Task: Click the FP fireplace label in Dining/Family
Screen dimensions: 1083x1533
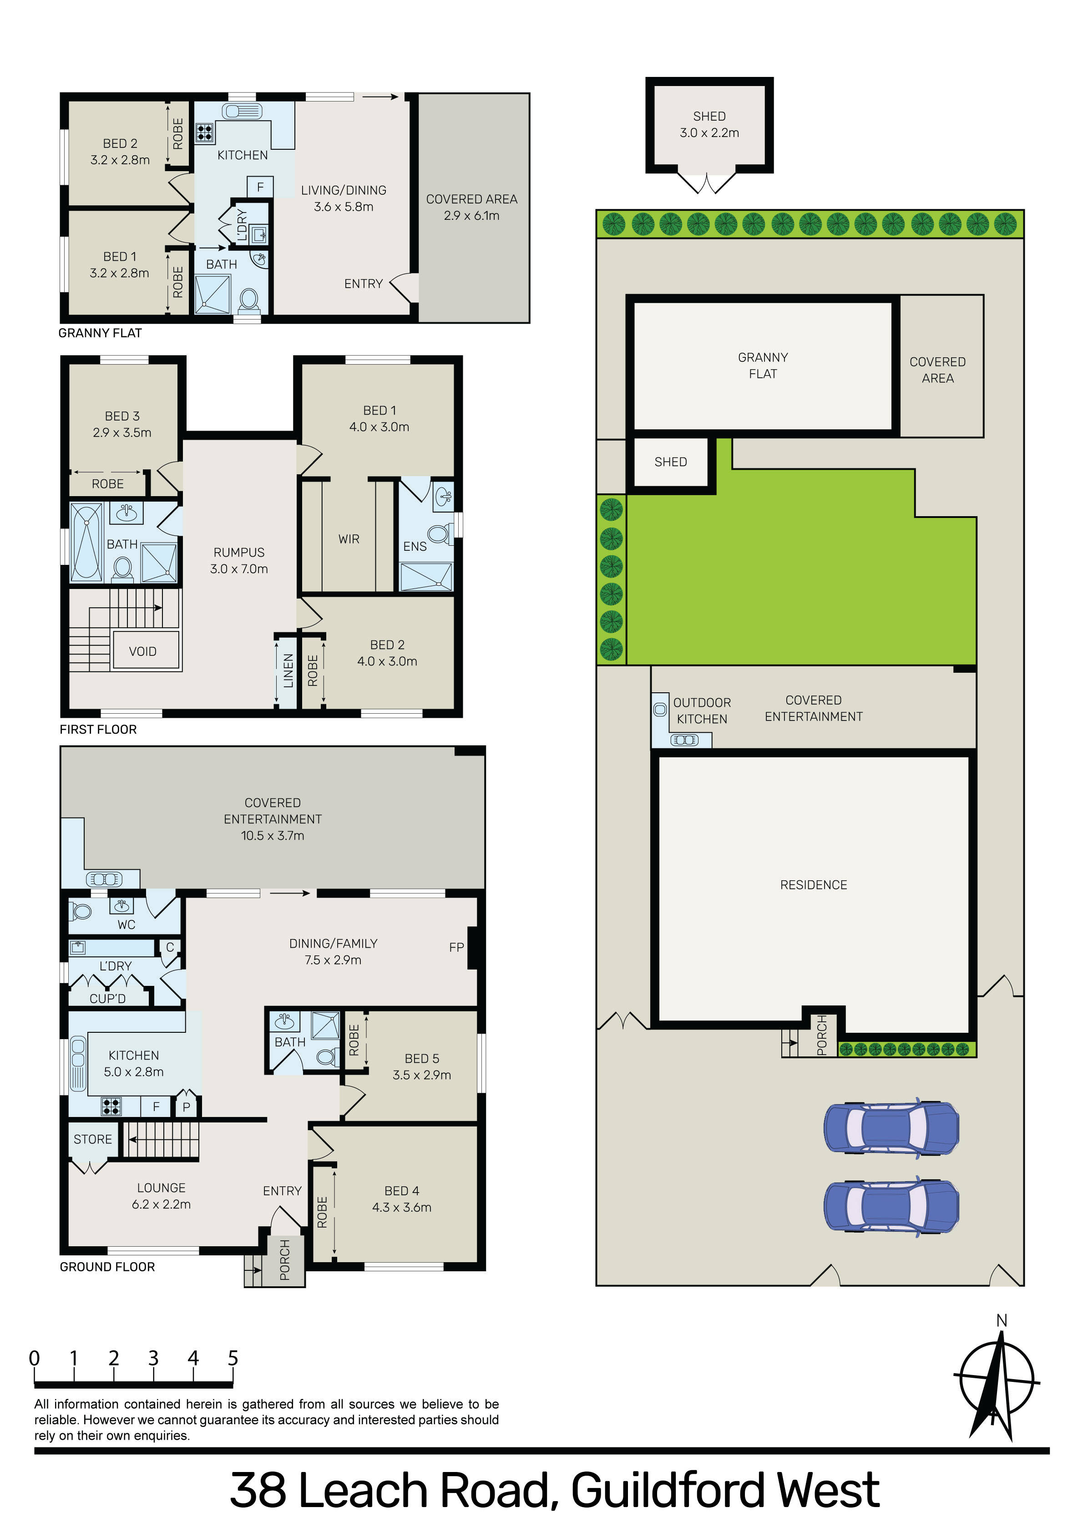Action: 457,947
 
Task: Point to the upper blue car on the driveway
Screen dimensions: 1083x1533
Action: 891,1128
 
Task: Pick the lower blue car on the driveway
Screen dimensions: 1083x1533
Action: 891,1206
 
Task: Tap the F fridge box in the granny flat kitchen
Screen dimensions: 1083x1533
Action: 260,187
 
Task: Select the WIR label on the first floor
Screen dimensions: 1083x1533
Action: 349,539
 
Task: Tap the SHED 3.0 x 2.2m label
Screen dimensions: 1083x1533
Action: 709,124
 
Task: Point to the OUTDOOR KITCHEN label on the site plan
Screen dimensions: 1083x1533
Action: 702,711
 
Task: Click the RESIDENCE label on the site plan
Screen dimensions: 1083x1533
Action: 813,885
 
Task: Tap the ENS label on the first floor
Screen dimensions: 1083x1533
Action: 415,546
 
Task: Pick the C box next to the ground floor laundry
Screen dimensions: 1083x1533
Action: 170,947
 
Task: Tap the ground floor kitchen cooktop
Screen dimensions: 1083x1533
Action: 111,1107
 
